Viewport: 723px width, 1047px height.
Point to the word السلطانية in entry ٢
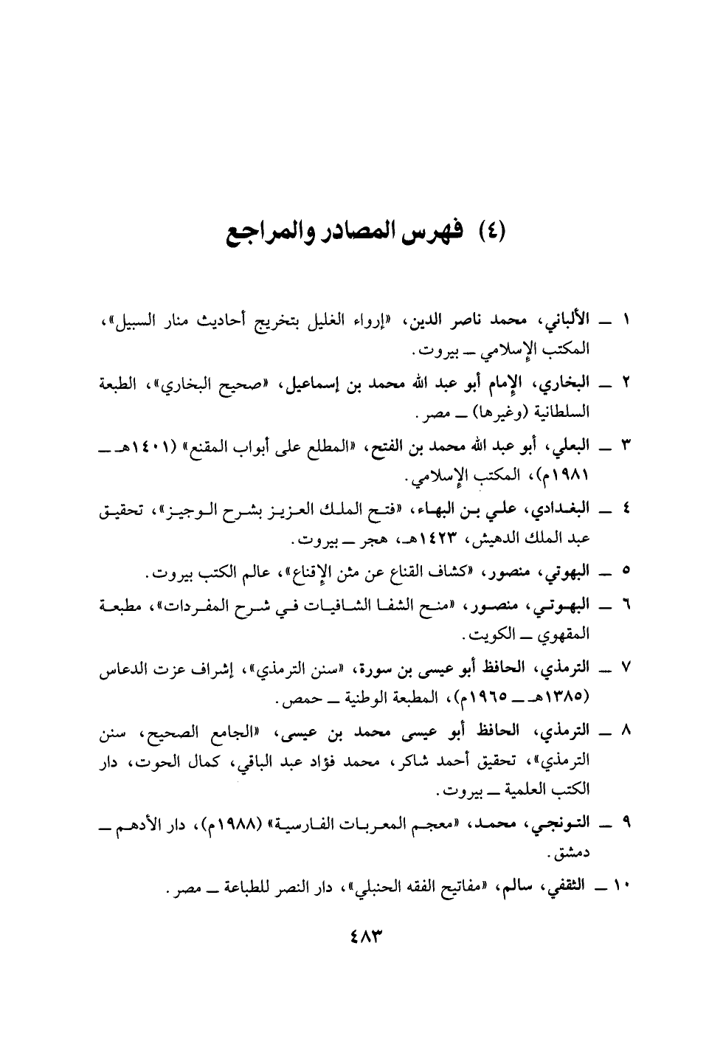tap(569, 407)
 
